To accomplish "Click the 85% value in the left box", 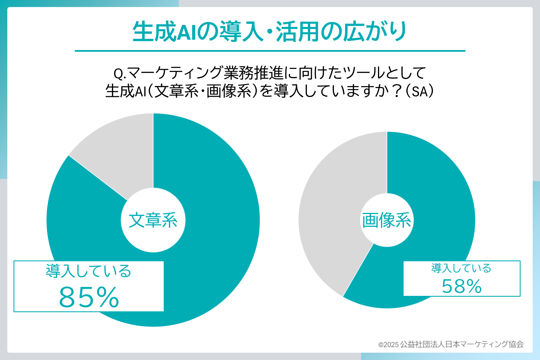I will coord(89,297).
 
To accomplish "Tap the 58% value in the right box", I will coord(462,286).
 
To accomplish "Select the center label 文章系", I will coord(153,220).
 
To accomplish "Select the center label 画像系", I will coord(386,220).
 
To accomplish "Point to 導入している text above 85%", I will coord(88,271).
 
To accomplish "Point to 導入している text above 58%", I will coord(461,268).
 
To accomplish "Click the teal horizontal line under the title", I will coord(270,51).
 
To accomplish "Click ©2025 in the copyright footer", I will coord(388,345).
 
